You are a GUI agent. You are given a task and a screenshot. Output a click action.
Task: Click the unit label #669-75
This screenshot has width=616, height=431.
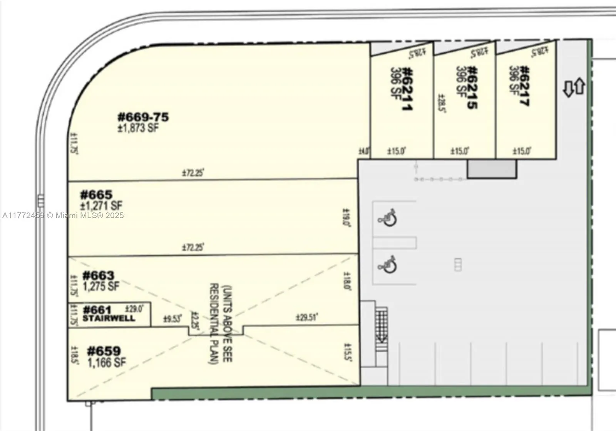(x=143, y=117)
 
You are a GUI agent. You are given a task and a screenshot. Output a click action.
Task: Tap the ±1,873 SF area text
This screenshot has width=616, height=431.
(x=138, y=128)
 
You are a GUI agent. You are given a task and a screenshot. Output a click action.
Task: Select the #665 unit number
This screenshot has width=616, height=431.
(x=96, y=194)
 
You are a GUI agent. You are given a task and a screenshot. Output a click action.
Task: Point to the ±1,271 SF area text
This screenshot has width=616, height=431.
(x=101, y=205)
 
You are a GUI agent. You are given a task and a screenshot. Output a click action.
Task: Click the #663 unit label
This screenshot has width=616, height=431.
(x=98, y=275)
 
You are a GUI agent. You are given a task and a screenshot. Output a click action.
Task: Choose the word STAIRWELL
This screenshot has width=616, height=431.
(x=109, y=318)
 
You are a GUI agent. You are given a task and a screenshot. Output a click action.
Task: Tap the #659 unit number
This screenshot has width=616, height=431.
(x=104, y=351)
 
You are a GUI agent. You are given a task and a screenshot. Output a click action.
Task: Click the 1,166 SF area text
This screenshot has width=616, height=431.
(x=106, y=362)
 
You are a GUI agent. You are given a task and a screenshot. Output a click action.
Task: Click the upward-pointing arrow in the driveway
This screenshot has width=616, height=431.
(x=579, y=87)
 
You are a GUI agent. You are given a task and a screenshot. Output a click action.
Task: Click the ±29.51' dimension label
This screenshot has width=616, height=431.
(x=307, y=318)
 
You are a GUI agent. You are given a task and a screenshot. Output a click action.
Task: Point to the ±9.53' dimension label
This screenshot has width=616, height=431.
(x=172, y=319)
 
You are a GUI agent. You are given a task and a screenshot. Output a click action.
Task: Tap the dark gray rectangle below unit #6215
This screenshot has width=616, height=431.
(x=492, y=169)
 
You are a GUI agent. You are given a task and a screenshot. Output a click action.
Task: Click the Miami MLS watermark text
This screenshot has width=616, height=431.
(x=63, y=216)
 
